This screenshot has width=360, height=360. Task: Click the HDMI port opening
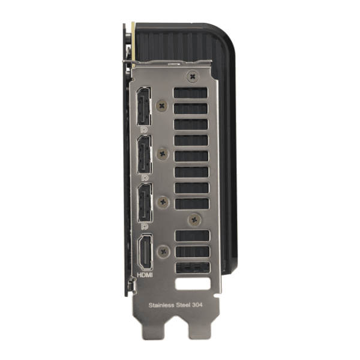pyautogui.click(x=145, y=252)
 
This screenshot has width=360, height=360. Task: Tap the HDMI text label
pyautogui.click(x=145, y=275)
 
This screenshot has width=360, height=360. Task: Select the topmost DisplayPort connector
pyautogui.click(x=144, y=106)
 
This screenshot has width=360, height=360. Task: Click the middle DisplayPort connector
pyautogui.click(x=145, y=154)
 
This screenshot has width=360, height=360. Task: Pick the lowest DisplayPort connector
pyautogui.click(x=145, y=203)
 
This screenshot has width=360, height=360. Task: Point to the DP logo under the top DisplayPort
pyautogui.click(x=144, y=130)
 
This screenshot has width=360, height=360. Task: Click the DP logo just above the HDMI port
pyautogui.click(x=145, y=227)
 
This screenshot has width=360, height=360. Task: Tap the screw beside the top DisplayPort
pyautogui.click(x=162, y=106)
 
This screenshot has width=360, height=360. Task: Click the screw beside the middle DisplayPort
pyautogui.click(x=163, y=154)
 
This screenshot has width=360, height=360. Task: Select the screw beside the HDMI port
pyautogui.click(x=164, y=251)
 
